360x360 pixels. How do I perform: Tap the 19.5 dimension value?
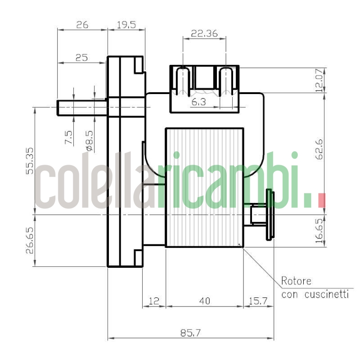click(x=126, y=25)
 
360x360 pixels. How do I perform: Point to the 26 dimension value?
click(x=82, y=25)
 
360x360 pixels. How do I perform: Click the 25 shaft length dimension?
click(x=81, y=58)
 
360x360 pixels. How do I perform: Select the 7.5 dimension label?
click(x=69, y=138)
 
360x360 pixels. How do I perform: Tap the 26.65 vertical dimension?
click(x=30, y=240)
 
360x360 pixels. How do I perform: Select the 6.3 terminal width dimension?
click(x=198, y=103)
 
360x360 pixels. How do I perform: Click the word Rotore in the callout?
click(x=296, y=282)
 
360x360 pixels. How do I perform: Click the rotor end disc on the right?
click(x=270, y=215)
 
